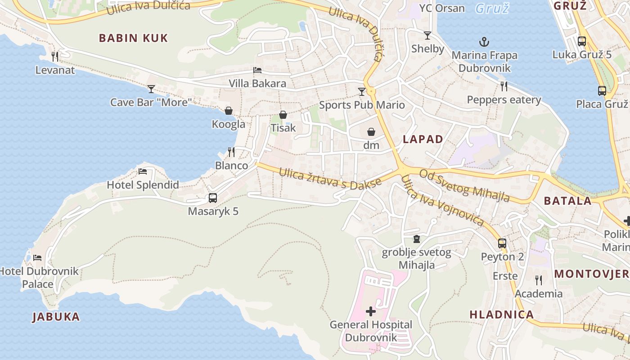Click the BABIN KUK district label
pyautogui.click(x=133, y=38)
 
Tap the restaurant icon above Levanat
pyautogui.click(x=55, y=56)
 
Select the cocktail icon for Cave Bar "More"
pyautogui.click(x=151, y=89)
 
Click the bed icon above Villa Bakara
pyautogui.click(x=257, y=70)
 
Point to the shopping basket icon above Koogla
pyautogui.click(x=229, y=111)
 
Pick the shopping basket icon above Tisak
pyautogui.click(x=283, y=115)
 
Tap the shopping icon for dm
pyautogui.click(x=371, y=132)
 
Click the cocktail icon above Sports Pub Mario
pyautogui.click(x=362, y=92)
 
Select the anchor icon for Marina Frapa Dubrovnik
pyautogui.click(x=484, y=42)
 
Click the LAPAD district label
pyautogui.click(x=423, y=139)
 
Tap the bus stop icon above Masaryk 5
pyautogui.click(x=213, y=198)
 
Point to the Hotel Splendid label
pyautogui.click(x=143, y=184)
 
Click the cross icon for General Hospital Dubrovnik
pyautogui.click(x=371, y=311)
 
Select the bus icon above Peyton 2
pyautogui.click(x=502, y=243)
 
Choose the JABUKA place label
pyautogui.click(x=56, y=317)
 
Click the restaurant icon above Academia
pyautogui.click(x=539, y=280)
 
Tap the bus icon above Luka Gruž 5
pyautogui.click(x=582, y=41)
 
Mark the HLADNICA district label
pyautogui.click(x=502, y=315)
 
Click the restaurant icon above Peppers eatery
pyautogui.click(x=504, y=86)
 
